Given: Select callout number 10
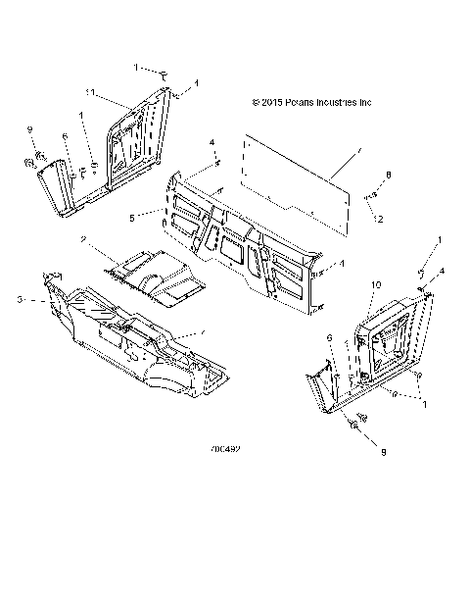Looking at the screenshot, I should pos(374,283).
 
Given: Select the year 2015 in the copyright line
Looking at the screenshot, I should pos(273,101).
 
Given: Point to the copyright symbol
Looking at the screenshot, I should pos(256,101).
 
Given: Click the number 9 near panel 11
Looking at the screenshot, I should pos(29,130).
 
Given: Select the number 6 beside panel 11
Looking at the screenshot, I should pos(66,138).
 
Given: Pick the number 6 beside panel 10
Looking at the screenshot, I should pos(330,336).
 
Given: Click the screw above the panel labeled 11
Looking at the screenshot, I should pos(165,74).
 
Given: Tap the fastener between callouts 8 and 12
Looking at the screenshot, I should pos(374,198).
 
